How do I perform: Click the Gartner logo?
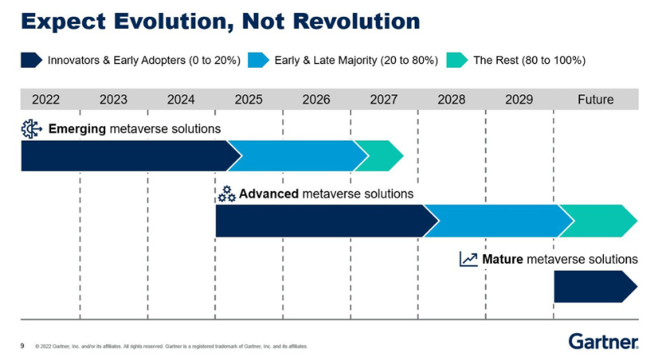pos(604,341)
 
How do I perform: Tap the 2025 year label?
pos(248,100)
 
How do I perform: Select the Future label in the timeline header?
pos(595,100)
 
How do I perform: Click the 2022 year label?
pos(46,100)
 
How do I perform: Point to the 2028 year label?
pos(451,100)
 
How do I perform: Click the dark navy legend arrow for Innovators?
pos(32,60)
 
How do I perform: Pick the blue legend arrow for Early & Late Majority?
pos(259,60)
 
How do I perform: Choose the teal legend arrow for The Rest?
pos(458,60)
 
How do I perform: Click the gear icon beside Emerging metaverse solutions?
pos(32,129)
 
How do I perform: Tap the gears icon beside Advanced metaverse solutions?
pos(227,194)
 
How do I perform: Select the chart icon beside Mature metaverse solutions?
pos(469,259)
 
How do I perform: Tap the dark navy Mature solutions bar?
pos(595,287)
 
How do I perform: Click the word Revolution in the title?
pos(357,21)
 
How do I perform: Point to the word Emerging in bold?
pos(77,129)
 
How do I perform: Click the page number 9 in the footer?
pos(23,346)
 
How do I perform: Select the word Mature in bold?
pos(502,259)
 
